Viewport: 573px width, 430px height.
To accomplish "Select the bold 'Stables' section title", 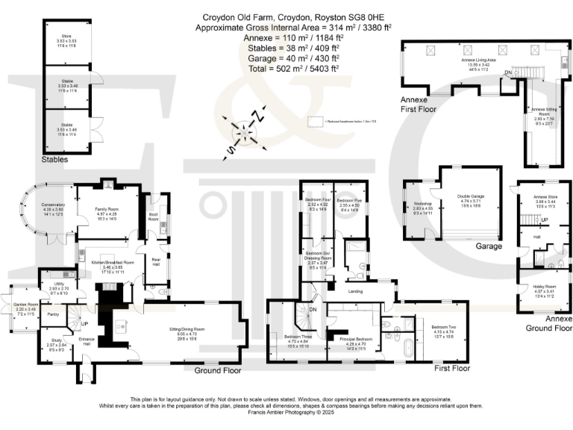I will (55, 159).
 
